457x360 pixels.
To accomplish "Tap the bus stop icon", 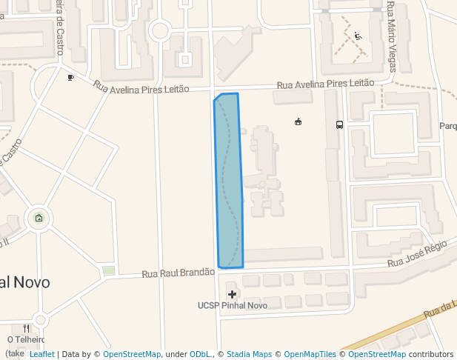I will (x=339, y=124).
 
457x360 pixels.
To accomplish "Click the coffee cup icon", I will (x=70, y=77).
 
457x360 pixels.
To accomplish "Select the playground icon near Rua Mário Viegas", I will (x=358, y=36).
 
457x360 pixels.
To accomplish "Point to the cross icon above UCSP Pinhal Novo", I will (x=232, y=294).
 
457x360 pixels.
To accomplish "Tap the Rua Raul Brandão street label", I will (x=178, y=273).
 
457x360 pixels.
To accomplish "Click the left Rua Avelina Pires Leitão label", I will (x=141, y=87).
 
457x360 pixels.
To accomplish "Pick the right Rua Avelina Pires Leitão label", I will (x=325, y=84).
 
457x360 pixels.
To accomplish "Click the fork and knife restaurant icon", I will (x=27, y=327).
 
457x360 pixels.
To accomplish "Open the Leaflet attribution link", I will (x=41, y=354).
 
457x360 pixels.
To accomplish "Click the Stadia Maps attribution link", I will (x=249, y=354).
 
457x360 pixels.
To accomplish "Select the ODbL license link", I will (x=200, y=354).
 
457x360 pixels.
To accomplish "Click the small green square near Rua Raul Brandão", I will (x=109, y=270).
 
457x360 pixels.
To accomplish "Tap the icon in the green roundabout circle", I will (x=39, y=218).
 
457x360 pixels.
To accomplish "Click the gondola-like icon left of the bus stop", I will (x=298, y=121).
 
